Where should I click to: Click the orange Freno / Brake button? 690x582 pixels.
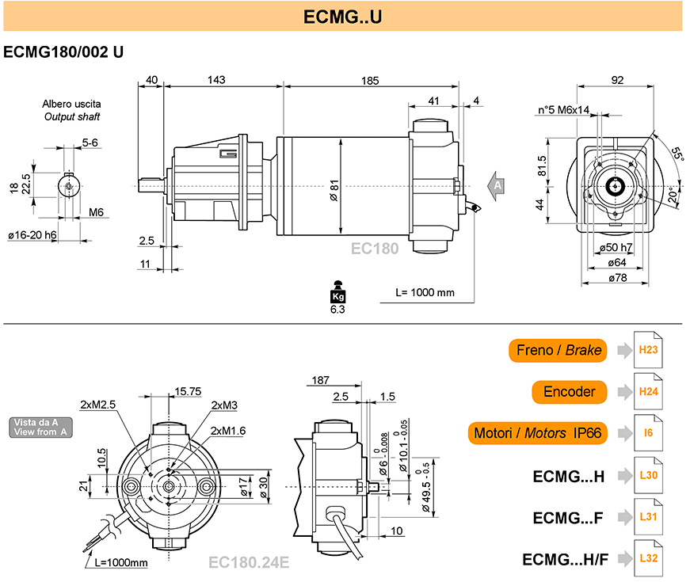(558, 350)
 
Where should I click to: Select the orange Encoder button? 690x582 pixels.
(569, 391)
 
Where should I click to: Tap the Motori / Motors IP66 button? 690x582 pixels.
(537, 433)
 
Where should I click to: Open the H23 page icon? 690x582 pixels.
(648, 350)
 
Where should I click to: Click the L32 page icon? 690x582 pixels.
(648, 558)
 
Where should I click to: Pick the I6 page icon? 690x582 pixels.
(648, 433)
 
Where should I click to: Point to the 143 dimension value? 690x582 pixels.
(216, 80)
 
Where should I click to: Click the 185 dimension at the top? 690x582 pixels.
(370, 81)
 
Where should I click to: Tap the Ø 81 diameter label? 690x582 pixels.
(334, 190)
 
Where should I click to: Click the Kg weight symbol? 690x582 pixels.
(337, 292)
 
